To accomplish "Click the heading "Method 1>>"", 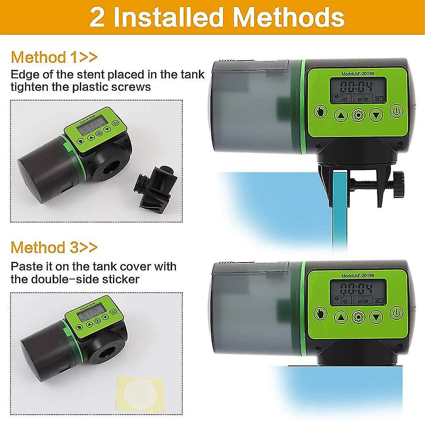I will pos(54,57).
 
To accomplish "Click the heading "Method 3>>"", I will pos(54,247).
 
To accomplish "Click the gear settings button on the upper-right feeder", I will pos(358,114).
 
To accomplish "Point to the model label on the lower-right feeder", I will pos(357,275).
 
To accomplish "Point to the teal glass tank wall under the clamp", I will pos(340,212).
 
